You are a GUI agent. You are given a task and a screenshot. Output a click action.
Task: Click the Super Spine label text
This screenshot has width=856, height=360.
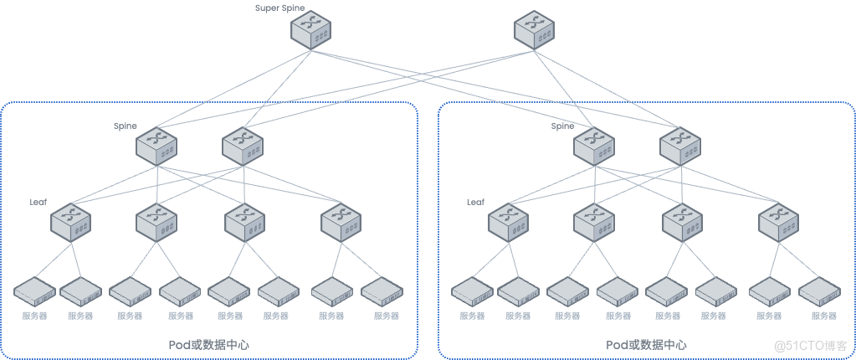[280, 8]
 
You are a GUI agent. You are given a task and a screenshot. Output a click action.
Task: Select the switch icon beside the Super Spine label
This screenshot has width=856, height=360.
[311, 30]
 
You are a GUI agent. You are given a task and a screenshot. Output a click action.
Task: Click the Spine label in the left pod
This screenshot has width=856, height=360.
[125, 126]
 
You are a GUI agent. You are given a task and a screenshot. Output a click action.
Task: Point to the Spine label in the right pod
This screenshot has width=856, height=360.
[562, 126]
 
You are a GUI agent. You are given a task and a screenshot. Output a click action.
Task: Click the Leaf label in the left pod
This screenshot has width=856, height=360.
[38, 202]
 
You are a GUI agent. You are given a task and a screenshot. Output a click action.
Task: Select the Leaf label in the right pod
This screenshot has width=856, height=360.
[475, 202]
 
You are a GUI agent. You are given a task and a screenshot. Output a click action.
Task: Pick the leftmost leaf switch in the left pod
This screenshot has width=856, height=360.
[70, 221]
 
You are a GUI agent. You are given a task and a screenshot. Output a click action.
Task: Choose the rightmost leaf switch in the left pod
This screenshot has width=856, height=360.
[341, 221]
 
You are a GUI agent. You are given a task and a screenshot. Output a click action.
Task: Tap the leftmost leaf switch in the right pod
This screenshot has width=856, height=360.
[508, 221]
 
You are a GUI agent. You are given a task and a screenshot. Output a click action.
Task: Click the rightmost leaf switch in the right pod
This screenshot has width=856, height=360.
[778, 221]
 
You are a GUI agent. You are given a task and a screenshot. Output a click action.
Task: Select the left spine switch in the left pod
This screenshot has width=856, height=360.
[156, 144]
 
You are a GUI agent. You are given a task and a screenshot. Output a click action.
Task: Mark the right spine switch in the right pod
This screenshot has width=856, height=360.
[679, 144]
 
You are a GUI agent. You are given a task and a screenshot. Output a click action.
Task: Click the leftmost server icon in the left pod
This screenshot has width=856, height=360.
[34, 291]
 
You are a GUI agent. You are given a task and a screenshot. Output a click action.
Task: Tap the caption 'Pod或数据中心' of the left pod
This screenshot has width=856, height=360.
[208, 345]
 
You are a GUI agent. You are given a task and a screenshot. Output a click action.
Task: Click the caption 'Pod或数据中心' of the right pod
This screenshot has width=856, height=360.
[646, 345]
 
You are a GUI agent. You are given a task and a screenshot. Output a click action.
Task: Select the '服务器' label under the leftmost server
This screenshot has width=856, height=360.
[34, 316]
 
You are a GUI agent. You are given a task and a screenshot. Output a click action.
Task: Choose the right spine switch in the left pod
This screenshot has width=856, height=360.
[243, 144]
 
